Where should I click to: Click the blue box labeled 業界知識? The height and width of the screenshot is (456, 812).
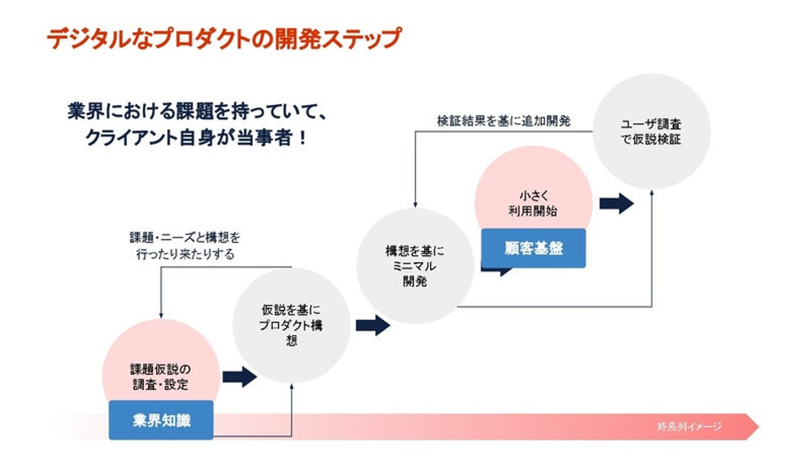click(x=161, y=420)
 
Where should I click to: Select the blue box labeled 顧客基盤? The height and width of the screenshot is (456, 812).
click(x=533, y=248)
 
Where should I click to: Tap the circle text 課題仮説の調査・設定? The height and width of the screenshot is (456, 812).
click(x=160, y=377)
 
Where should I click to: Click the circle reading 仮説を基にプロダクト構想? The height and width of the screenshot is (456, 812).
click(x=291, y=325)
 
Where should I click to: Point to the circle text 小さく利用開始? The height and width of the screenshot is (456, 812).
click(x=533, y=203)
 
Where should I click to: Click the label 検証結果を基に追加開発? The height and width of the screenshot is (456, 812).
click(x=503, y=120)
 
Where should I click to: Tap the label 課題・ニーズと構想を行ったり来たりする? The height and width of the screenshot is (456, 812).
click(x=185, y=246)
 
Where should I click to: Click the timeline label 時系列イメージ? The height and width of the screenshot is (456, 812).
click(x=689, y=427)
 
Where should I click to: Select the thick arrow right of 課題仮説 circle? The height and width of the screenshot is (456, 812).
click(x=240, y=377)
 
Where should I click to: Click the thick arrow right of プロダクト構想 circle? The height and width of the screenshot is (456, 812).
click(x=373, y=325)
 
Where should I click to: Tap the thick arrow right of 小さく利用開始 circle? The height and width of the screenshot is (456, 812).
click(x=616, y=203)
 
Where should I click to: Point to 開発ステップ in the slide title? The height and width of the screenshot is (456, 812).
click(x=343, y=39)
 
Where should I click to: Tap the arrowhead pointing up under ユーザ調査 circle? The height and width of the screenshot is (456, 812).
click(x=652, y=193)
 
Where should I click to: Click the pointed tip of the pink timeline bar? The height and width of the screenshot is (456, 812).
click(x=757, y=426)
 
